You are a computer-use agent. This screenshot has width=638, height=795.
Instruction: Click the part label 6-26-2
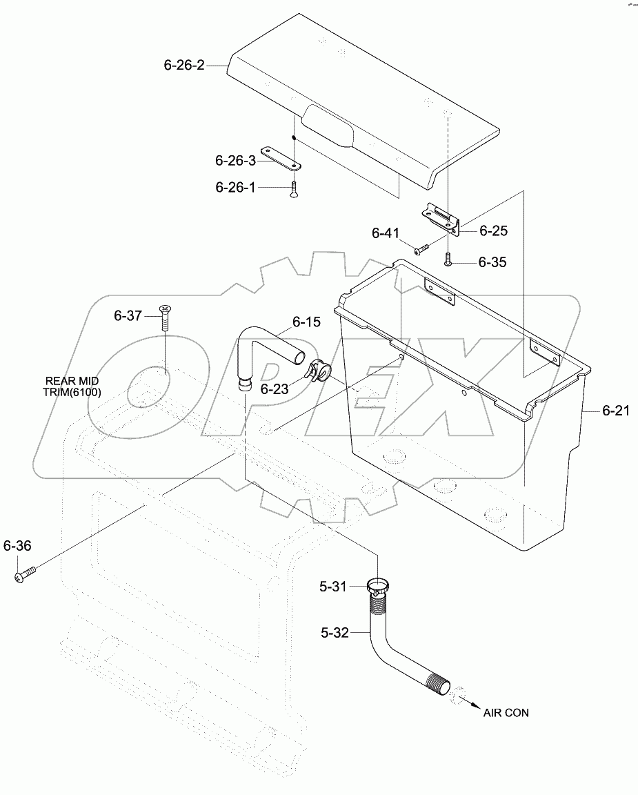[x=184, y=66]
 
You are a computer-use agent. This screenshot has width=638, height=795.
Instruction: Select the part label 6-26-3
[x=235, y=161]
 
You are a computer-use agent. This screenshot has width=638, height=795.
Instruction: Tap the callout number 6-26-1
[x=235, y=186]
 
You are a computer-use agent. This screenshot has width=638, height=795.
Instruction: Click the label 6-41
[x=386, y=234]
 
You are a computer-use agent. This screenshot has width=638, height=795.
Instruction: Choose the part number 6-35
[x=473, y=263]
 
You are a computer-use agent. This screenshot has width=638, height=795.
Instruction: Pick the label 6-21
[x=617, y=411]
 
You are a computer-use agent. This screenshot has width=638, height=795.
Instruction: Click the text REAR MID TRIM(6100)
[x=70, y=386]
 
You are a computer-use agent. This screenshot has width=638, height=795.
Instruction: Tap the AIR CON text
[x=506, y=713]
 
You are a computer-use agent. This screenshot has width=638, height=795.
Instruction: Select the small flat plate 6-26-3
[x=281, y=158]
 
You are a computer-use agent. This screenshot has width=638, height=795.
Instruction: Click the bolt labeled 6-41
[x=421, y=248]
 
